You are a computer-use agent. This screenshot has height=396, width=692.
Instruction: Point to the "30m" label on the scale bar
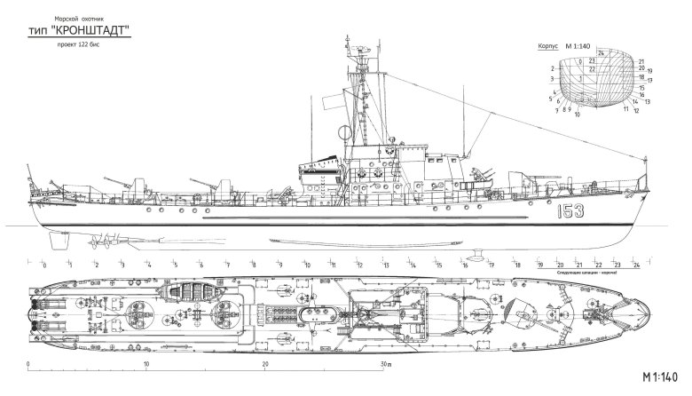coord(384,364)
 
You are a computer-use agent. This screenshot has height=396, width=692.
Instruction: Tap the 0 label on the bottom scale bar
coord(29,364)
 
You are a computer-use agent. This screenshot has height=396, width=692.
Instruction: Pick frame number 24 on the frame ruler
coord(637,265)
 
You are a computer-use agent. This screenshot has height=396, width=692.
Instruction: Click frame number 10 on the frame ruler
coord(307,265)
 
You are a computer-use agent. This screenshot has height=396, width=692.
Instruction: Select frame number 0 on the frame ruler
coord(43,265)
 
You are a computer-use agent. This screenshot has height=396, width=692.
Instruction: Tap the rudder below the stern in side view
coord(58,240)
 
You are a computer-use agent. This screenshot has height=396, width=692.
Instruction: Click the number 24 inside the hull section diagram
coord(602,53)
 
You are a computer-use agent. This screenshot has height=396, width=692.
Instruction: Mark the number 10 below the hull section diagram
coord(578,115)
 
